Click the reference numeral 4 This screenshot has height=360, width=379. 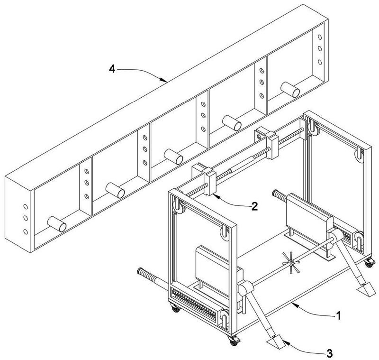point(112,69)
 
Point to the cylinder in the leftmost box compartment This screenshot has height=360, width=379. point(56,223)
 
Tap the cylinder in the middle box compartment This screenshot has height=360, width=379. point(173,156)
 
